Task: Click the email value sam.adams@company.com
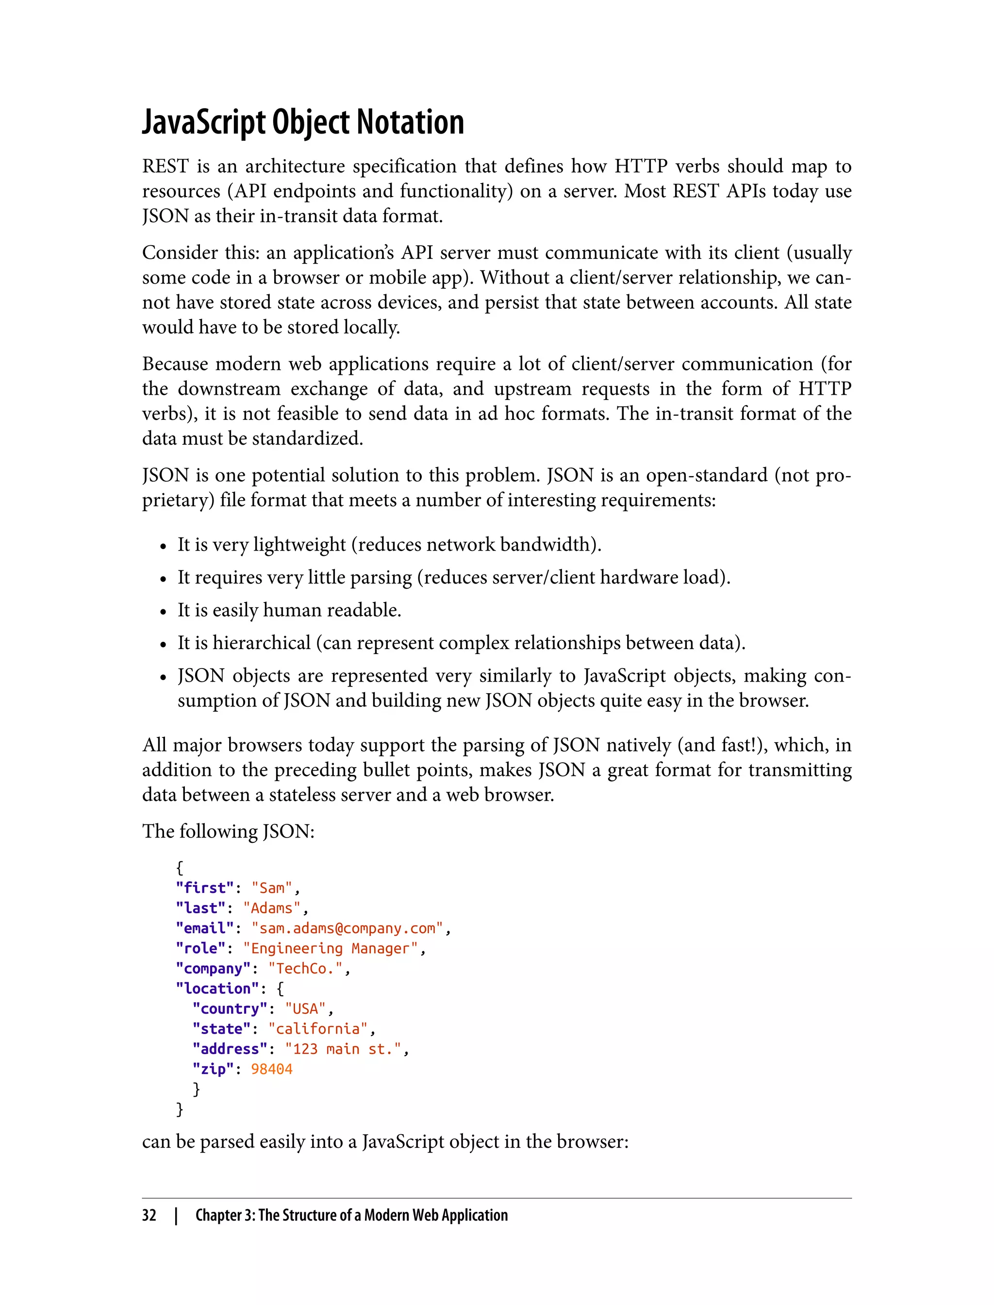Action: [348, 928]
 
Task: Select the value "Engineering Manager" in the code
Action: [330, 948]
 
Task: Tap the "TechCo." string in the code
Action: [305, 968]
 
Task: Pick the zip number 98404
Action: [272, 1069]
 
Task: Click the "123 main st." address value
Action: [343, 1049]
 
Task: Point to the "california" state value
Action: [318, 1029]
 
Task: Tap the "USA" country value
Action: [305, 1008]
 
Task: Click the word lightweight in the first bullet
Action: [299, 545]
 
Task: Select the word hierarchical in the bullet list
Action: [262, 643]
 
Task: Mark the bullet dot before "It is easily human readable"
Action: [163, 612]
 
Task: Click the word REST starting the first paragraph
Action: [165, 167]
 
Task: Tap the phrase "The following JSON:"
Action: [229, 832]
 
